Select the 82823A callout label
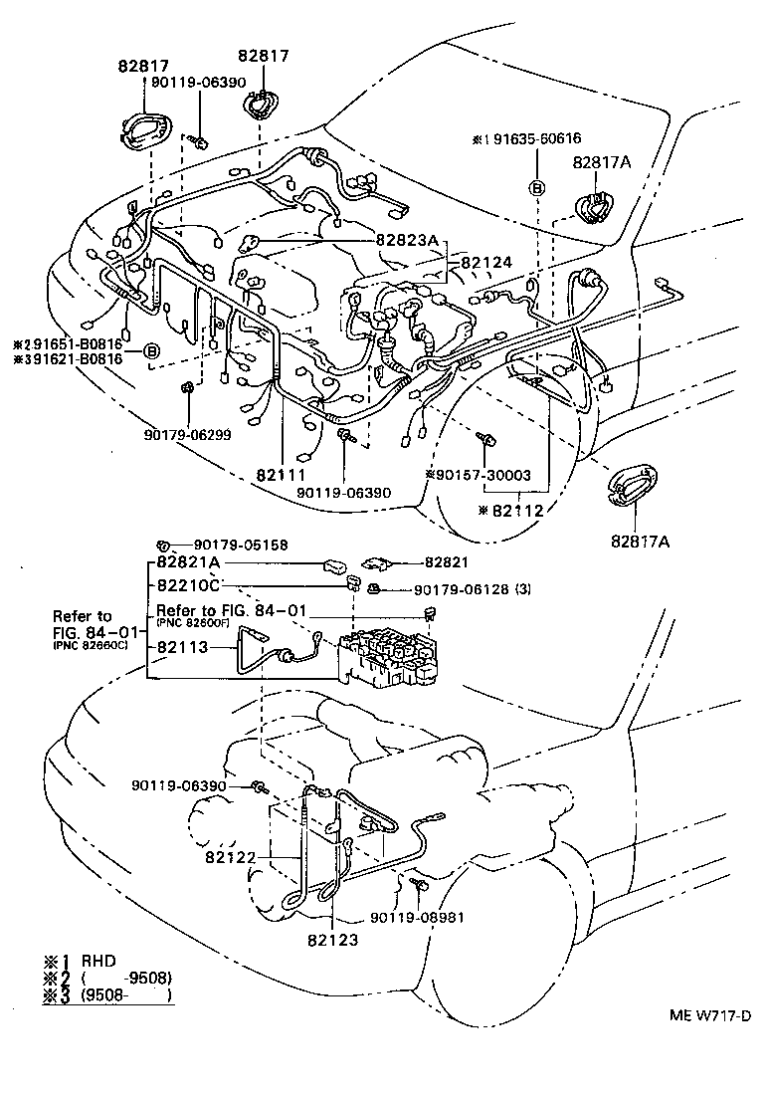pyautogui.click(x=407, y=240)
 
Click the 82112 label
pyautogui.click(x=513, y=510)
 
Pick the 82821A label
pyautogui.click(x=189, y=563)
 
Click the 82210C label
pyautogui.click(x=189, y=584)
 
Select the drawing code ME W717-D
pyautogui.click(x=708, y=1015)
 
